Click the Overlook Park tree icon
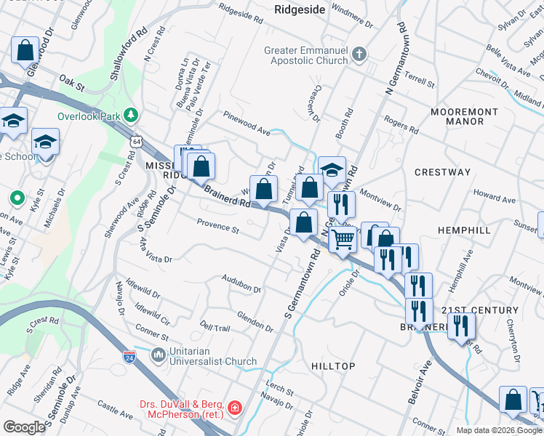click(x=131, y=114)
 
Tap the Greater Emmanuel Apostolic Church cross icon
click(x=359, y=54)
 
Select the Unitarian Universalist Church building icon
click(x=159, y=355)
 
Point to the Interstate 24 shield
click(x=130, y=358)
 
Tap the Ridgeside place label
click(x=298, y=9)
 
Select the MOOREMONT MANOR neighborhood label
click(x=464, y=117)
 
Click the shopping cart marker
click(x=343, y=238)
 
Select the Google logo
click(x=24, y=427)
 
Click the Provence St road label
click(x=217, y=228)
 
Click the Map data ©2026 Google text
click(x=498, y=430)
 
